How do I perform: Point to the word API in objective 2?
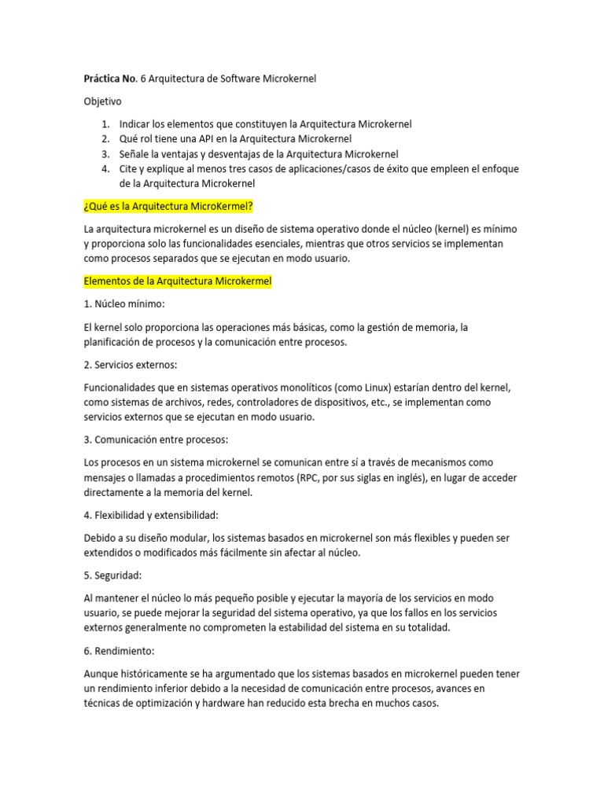click(x=208, y=139)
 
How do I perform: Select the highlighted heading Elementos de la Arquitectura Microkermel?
click(x=177, y=281)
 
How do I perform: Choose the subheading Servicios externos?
click(x=131, y=365)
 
